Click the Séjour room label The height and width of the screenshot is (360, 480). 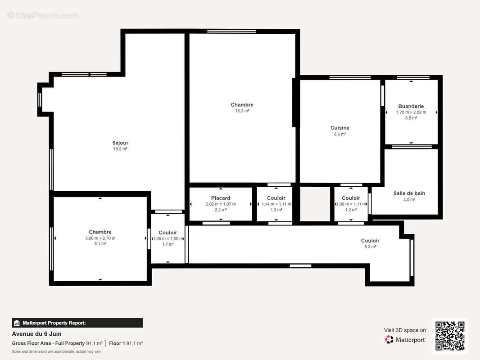pyautogui.click(x=120, y=143)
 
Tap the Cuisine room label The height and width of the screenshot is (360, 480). pyautogui.click(x=340, y=128)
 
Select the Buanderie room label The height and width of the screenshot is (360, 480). pyautogui.click(x=411, y=107)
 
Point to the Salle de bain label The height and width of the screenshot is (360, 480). pyautogui.click(x=409, y=193)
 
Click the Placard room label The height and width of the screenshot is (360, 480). pyautogui.click(x=220, y=198)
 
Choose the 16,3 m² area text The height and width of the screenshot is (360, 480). pyautogui.click(x=242, y=111)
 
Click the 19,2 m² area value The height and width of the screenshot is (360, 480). pyautogui.click(x=120, y=149)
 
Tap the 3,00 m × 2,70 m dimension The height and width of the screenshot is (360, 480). pyautogui.click(x=100, y=238)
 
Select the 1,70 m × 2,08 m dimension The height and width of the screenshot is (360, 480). pyautogui.click(x=411, y=112)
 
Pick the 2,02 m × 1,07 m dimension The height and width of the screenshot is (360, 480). pyautogui.click(x=220, y=204)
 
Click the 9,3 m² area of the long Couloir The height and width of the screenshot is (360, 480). pyautogui.click(x=370, y=247)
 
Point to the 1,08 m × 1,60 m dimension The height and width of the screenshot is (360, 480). pyautogui.click(x=168, y=238)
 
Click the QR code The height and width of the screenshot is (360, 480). pyautogui.click(x=450, y=336)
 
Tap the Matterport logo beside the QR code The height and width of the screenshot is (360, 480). pyautogui.click(x=405, y=340)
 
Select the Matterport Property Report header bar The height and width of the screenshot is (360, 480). pyautogui.click(x=77, y=323)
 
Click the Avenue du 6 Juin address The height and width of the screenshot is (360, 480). pyautogui.click(x=36, y=334)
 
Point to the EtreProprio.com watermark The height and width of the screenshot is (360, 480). pyautogui.click(x=43, y=16)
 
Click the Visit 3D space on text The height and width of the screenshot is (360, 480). pyautogui.click(x=405, y=330)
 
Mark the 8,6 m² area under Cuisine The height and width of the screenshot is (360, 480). pyautogui.click(x=340, y=134)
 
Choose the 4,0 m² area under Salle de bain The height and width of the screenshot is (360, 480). pyautogui.click(x=409, y=199)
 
